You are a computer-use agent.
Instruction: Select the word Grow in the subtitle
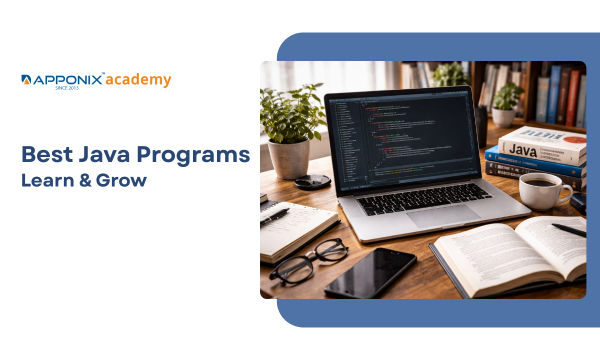tap(121, 180)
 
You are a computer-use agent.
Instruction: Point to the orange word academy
tap(138, 80)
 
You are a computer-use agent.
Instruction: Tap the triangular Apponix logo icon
tap(26, 79)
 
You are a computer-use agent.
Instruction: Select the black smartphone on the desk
tap(370, 273)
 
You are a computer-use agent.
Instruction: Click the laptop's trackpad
tap(442, 215)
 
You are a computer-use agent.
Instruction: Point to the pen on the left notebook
tap(274, 216)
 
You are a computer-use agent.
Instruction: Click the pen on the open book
tap(569, 229)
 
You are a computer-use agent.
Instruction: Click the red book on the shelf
tap(572, 97)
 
